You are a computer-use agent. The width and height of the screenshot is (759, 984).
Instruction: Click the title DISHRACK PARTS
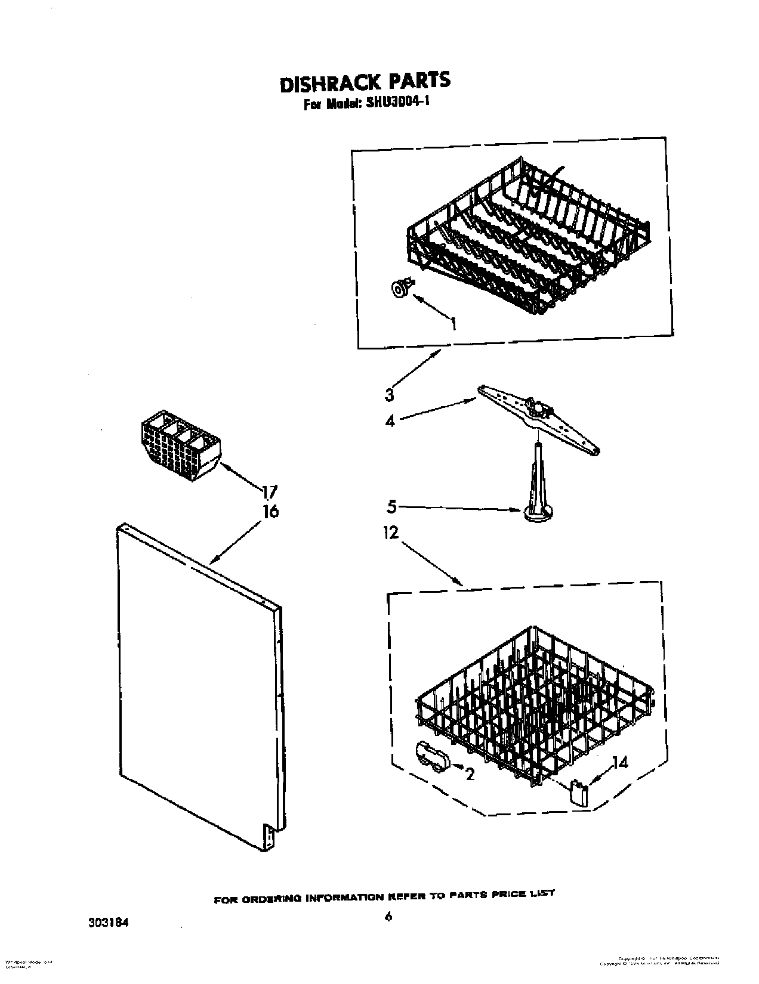tap(365, 82)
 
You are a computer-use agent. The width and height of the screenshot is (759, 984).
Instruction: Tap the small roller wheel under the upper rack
tap(400, 289)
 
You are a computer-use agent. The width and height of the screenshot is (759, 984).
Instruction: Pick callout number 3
tap(390, 394)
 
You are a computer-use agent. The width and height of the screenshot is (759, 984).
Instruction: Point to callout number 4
tap(390, 421)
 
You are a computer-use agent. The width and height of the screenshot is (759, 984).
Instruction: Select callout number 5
tap(391, 507)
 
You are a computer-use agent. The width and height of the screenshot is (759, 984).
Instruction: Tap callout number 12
tap(390, 533)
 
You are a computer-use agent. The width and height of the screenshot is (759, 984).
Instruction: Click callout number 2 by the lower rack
tap(470, 775)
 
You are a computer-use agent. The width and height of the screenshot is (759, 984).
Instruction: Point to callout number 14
tap(620, 763)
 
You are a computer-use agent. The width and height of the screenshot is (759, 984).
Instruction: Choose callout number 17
tap(269, 492)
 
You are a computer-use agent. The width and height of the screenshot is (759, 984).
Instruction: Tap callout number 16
tap(270, 512)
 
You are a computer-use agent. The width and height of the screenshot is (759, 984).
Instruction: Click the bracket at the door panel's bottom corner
tap(269, 837)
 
